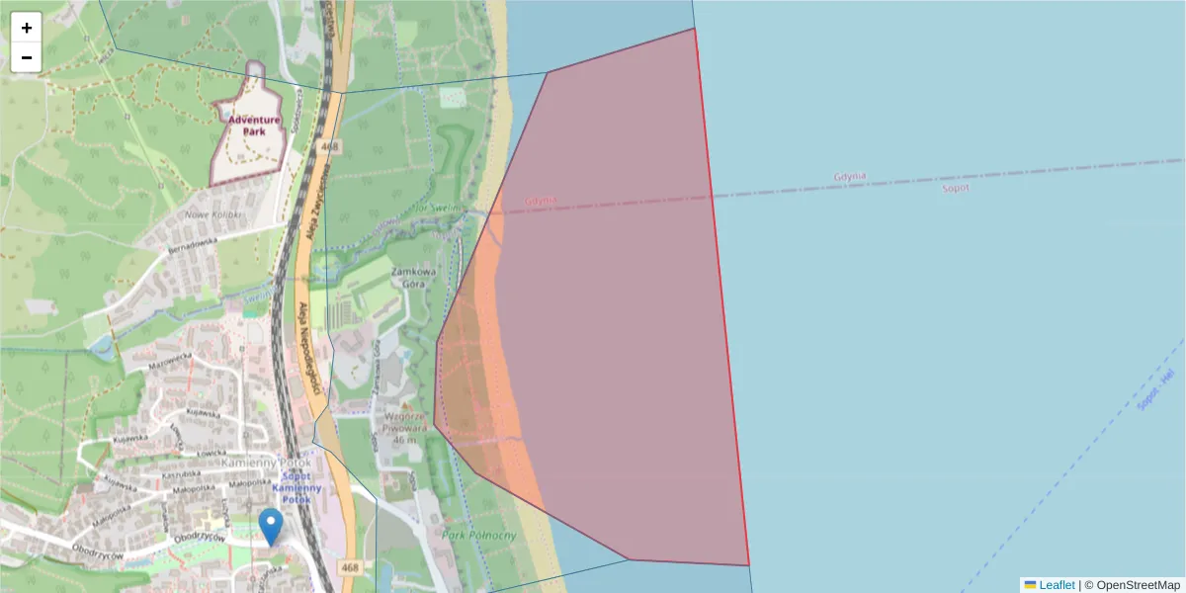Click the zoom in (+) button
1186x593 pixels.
click(27, 28)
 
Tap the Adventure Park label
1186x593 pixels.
click(254, 126)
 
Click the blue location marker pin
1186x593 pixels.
click(270, 526)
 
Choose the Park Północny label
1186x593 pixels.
click(480, 536)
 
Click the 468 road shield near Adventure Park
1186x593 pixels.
click(330, 147)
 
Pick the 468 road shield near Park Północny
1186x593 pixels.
click(350, 567)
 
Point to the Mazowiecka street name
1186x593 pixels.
click(168, 365)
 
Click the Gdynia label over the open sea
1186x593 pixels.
click(850, 177)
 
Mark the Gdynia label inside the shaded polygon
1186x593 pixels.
click(542, 200)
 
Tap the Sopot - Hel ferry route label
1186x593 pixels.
click(1154, 389)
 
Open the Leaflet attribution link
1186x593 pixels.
click(1057, 585)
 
